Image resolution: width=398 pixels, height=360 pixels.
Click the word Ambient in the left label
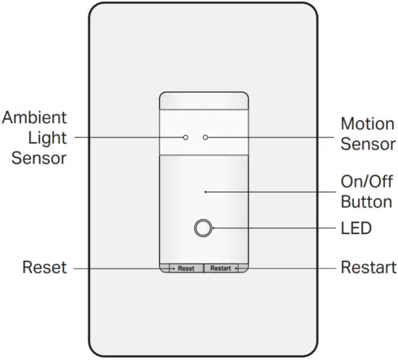click(x=34, y=117)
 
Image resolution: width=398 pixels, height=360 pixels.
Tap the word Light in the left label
click(x=48, y=137)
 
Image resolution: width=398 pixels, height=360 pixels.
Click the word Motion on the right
click(x=368, y=124)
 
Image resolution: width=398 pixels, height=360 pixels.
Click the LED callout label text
click(x=355, y=229)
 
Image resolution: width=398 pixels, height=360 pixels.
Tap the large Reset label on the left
click(x=44, y=268)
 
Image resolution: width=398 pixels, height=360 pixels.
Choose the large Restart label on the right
click(x=368, y=268)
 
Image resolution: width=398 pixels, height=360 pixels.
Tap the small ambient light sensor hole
click(x=186, y=137)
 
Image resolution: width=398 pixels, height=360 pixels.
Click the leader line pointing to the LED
click(x=275, y=229)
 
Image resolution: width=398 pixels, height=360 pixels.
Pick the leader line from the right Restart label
click(x=289, y=268)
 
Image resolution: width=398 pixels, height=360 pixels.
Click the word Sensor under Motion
click(x=368, y=143)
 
